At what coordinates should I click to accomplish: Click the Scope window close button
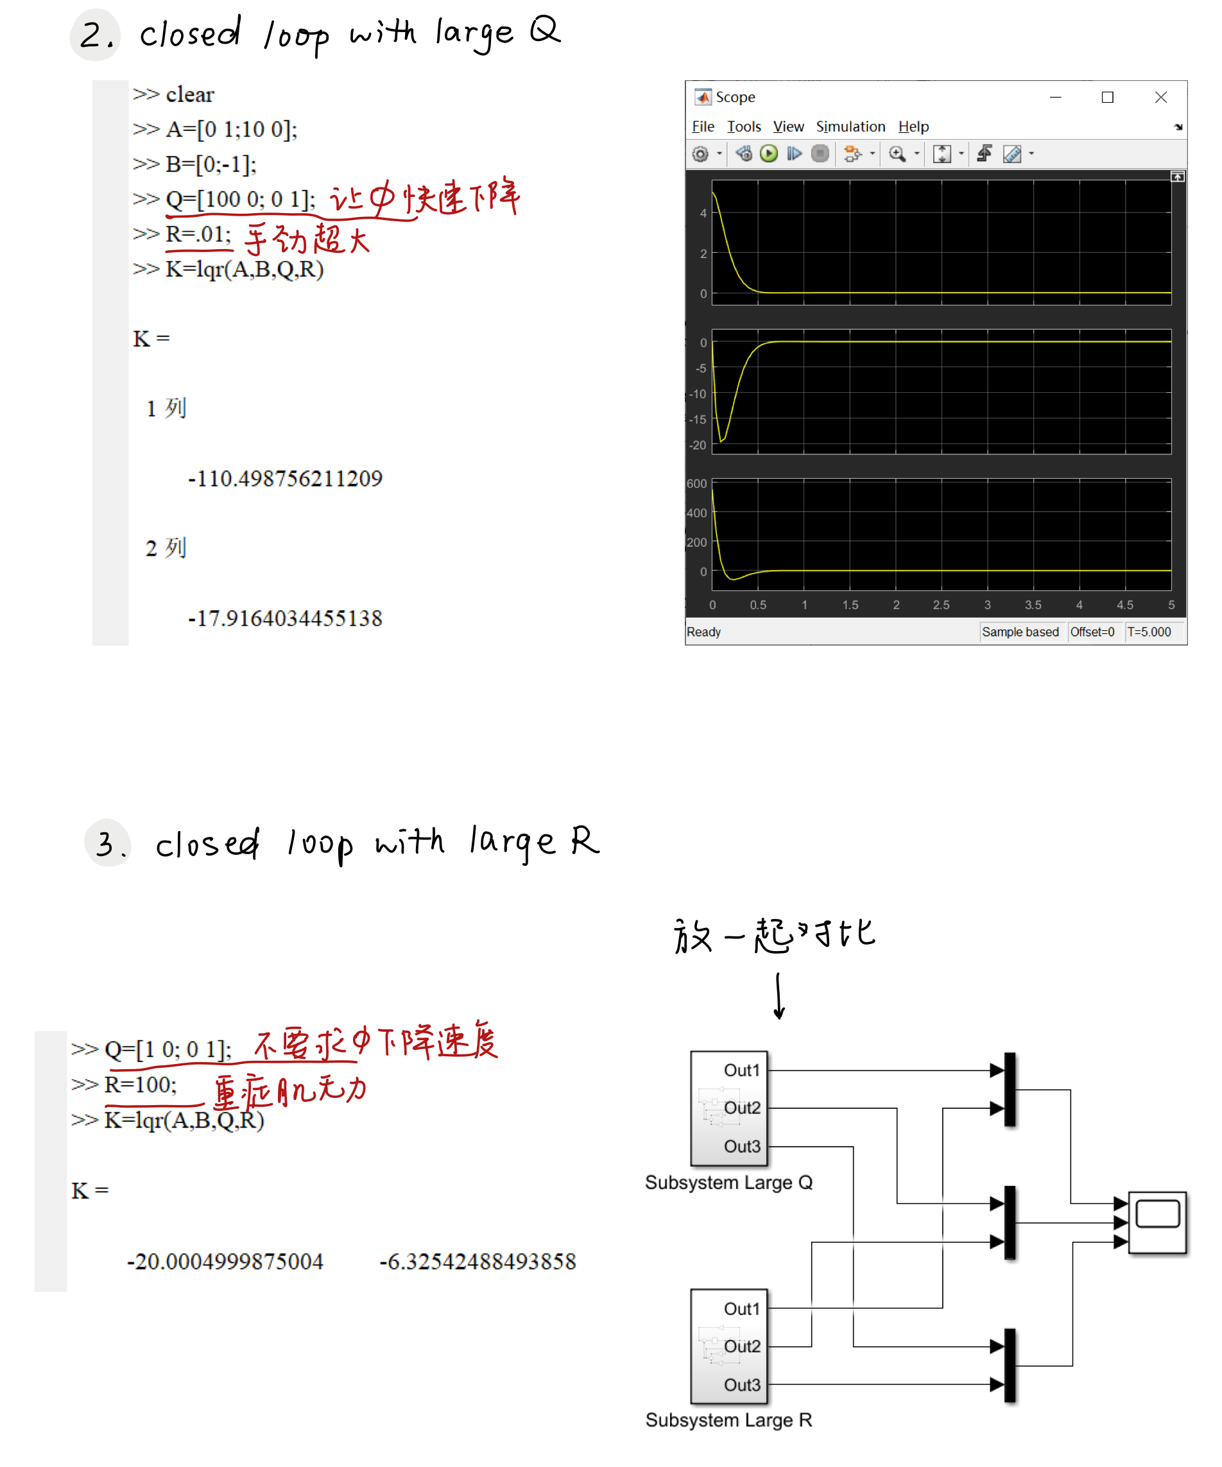click(x=1160, y=97)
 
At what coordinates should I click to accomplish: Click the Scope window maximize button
click(x=1107, y=97)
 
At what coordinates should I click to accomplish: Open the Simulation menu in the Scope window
click(x=850, y=126)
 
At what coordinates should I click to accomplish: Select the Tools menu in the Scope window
click(x=743, y=126)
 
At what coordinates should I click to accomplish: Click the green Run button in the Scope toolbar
click(x=768, y=153)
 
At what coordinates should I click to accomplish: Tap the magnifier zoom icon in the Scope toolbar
click(x=897, y=153)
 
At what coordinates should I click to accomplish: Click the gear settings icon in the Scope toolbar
click(x=700, y=153)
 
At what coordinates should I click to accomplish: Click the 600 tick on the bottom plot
click(x=696, y=483)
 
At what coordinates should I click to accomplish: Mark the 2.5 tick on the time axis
click(x=941, y=605)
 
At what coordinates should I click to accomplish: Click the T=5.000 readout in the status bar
click(x=1149, y=631)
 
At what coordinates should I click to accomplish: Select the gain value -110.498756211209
click(x=285, y=479)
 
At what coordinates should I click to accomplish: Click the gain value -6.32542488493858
click(x=478, y=1262)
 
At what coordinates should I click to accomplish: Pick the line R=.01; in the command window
click(x=198, y=234)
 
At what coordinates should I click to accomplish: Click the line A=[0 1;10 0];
click(x=230, y=129)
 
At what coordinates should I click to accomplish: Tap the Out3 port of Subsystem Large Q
click(x=742, y=1146)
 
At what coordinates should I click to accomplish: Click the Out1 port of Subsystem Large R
click(x=742, y=1308)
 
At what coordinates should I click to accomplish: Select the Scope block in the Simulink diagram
click(x=1157, y=1222)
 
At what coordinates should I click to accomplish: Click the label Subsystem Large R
click(x=728, y=1420)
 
